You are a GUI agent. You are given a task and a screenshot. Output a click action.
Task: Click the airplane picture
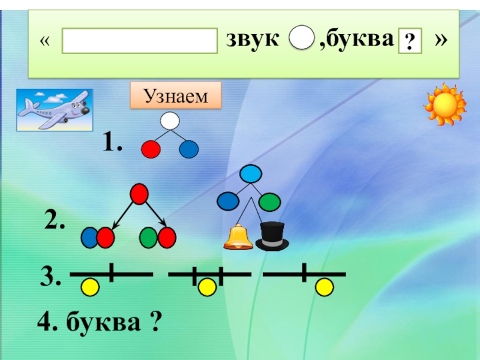click(x=55, y=110)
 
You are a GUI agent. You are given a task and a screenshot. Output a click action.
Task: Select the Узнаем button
click(x=176, y=96)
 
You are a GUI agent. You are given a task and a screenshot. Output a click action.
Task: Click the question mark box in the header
click(x=410, y=42)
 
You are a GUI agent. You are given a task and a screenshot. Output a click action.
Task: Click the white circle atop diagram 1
click(x=170, y=122)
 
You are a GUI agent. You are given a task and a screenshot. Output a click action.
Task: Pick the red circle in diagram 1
click(x=151, y=149)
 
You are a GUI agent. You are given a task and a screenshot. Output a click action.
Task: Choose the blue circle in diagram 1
click(x=189, y=149)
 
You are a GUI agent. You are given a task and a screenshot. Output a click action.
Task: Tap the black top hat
click(x=272, y=235)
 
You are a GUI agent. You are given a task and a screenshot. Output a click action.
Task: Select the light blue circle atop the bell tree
click(x=250, y=175)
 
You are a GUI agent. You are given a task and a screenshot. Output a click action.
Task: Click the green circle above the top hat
click(x=270, y=200)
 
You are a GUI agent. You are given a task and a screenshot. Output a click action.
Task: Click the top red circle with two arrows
click(x=139, y=194)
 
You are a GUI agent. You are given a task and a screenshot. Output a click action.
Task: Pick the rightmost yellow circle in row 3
click(x=325, y=287)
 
